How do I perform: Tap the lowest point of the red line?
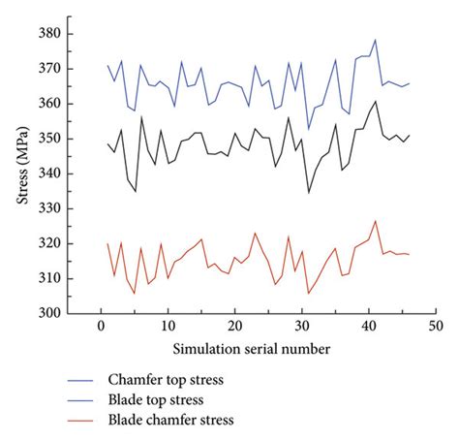pyautogui.click(x=308, y=294)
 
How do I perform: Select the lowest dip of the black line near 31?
pyautogui.click(x=308, y=192)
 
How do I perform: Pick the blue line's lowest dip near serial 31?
pyautogui.click(x=308, y=129)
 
